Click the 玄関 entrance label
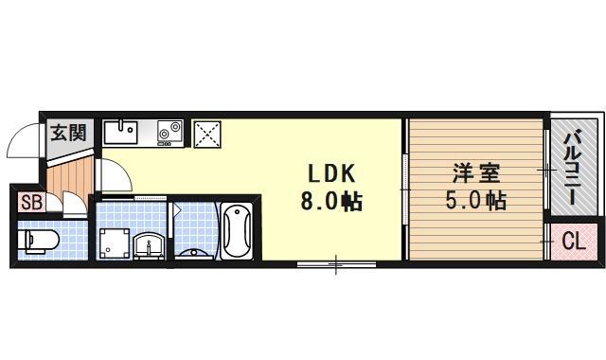click(x=67, y=133)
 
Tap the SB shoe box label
click(x=29, y=202)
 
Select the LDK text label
click(x=329, y=174)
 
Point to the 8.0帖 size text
click(x=329, y=201)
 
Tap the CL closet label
click(x=574, y=242)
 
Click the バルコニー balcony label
click(x=572, y=171)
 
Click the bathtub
click(x=237, y=230)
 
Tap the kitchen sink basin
click(x=120, y=132)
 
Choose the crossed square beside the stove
click(x=206, y=134)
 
